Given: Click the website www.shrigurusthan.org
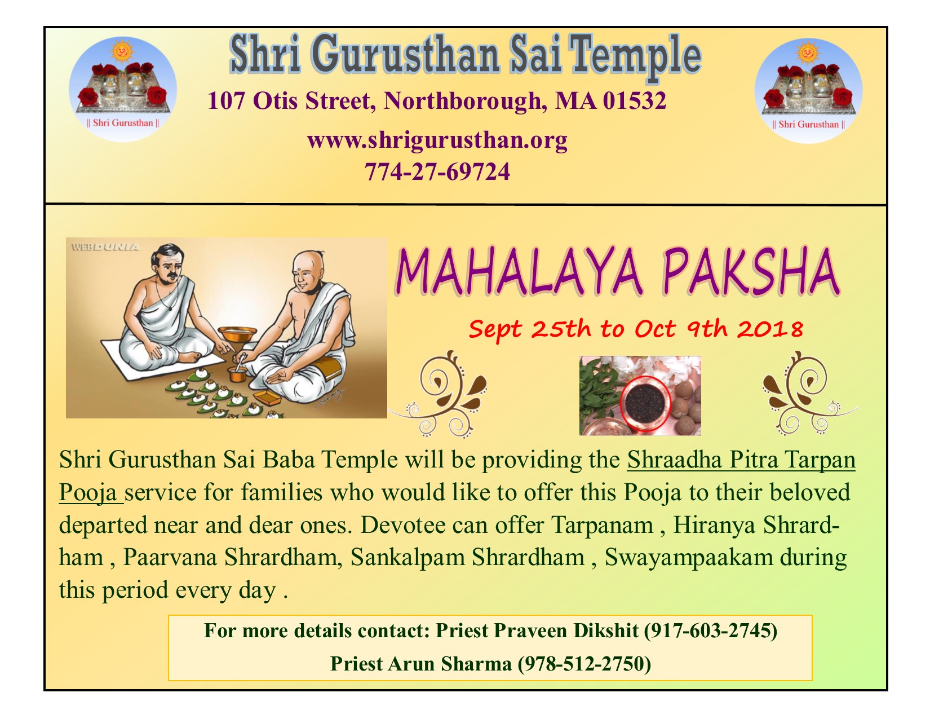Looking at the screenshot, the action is (x=437, y=140).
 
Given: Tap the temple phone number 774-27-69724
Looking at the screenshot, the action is (x=437, y=172).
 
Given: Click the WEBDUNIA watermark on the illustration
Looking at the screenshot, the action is (x=105, y=247).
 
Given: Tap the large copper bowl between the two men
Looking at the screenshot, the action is (x=237, y=334).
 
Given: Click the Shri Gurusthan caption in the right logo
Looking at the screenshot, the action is (x=808, y=125).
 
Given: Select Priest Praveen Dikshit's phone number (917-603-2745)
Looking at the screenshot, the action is (x=710, y=631).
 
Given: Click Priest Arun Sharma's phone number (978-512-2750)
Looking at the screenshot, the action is (x=584, y=664).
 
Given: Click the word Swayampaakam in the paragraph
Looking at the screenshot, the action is (x=689, y=557).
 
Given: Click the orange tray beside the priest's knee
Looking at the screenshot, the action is (x=267, y=398).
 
